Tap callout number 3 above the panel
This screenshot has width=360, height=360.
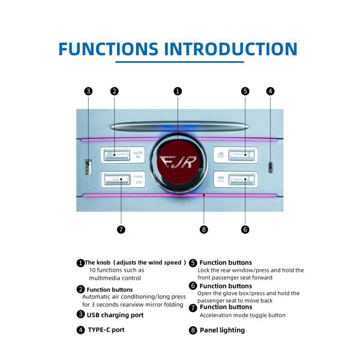click(x=88, y=91)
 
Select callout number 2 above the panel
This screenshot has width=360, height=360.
click(x=115, y=91)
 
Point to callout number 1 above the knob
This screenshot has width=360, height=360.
click(x=178, y=91)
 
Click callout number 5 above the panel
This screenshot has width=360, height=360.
click(x=245, y=91)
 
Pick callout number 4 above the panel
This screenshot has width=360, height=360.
click(x=271, y=91)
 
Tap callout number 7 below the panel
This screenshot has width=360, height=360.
click(x=121, y=229)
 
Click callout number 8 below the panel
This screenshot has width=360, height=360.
click(x=204, y=229)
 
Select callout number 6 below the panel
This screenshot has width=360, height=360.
click(x=245, y=229)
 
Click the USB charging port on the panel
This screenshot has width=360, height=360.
click(x=88, y=167)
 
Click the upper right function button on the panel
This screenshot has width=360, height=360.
click(x=236, y=155)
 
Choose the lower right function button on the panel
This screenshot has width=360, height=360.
click(x=236, y=179)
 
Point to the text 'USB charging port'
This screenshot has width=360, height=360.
click(x=115, y=314)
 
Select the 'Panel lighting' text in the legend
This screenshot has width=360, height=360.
click(x=222, y=330)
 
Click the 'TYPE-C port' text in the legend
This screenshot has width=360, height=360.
click(x=106, y=329)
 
